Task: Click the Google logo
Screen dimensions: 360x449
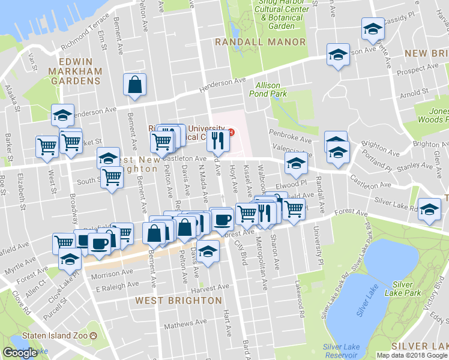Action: [20, 353]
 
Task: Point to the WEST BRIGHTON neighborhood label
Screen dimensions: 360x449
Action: [178, 300]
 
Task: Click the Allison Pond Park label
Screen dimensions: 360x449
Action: [268, 89]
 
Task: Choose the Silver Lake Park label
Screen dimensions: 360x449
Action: [406, 288]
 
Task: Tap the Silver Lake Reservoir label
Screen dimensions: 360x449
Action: [341, 351]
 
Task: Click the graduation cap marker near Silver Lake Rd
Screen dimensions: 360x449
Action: [429, 209]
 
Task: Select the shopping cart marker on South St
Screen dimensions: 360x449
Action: [112, 178]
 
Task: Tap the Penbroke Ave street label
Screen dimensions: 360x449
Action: [291, 140]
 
